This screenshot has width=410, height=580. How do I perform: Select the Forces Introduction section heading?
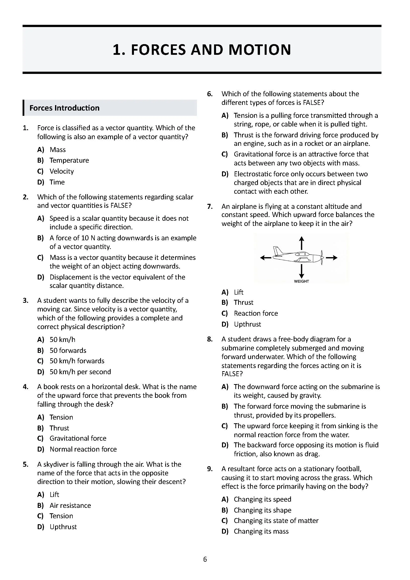[64, 108]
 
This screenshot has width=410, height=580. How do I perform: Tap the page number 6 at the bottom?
[205, 559]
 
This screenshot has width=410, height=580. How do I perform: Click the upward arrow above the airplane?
[301, 243]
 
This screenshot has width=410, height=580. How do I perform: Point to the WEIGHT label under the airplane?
[301, 281]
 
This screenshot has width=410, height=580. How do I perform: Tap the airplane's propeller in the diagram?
[322, 257]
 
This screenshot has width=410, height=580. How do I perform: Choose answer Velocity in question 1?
[62, 171]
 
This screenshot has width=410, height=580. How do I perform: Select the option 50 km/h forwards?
[77, 361]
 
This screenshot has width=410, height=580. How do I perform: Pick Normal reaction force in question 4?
[83, 449]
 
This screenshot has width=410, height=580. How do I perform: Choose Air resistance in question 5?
[70, 505]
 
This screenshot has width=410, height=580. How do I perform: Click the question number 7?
[210, 206]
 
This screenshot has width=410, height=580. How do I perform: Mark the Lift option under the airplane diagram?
[238, 292]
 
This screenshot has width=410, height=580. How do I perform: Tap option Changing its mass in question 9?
[261, 531]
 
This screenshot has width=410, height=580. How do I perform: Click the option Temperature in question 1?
[69, 160]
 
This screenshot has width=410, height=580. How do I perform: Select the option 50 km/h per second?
[80, 372]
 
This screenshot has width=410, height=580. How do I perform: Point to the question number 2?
[25, 197]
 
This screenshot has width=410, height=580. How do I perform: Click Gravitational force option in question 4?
[78, 438]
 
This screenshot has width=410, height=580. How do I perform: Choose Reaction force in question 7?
[256, 313]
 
